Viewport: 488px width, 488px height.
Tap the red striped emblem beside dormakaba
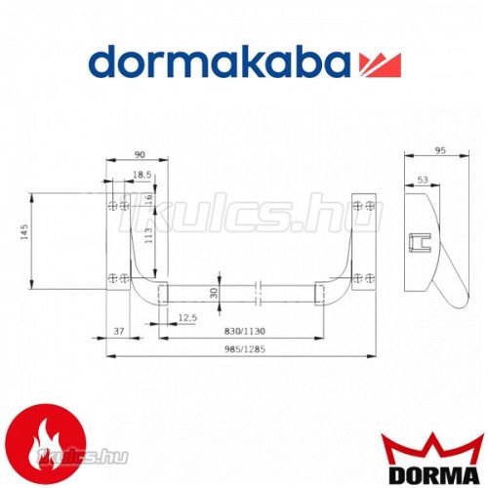point(379,65)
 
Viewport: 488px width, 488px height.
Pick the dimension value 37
point(119,332)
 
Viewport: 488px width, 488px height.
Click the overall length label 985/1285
point(237,350)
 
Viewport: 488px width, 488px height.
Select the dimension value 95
point(438,150)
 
